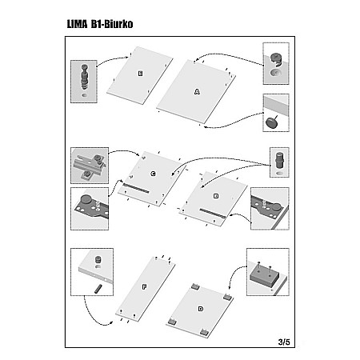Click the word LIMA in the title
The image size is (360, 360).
coord(77,24)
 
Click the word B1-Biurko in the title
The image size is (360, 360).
coord(112,24)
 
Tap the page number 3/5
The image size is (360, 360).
coord(284,342)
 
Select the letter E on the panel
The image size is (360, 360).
coord(140,74)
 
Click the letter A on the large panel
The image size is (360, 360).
coord(197,92)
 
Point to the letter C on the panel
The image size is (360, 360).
coord(153,174)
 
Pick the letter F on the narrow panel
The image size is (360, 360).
coord(144,287)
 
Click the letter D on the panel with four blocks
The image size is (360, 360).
coord(201,309)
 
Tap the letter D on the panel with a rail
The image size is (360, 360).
coord(216,196)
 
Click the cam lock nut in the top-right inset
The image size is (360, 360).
coord(276,60)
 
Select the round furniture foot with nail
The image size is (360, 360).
coord(272,122)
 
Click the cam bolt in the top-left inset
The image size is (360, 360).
coord(84,77)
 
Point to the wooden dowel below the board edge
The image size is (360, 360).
coord(98,290)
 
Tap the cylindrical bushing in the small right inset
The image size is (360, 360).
coord(279,160)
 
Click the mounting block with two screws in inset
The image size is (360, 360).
coord(264,274)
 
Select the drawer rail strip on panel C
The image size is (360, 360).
coord(136,188)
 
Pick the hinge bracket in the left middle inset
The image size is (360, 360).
coord(90,166)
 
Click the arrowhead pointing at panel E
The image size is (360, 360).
coord(127,58)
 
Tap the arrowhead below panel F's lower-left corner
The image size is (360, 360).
coord(110,323)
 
